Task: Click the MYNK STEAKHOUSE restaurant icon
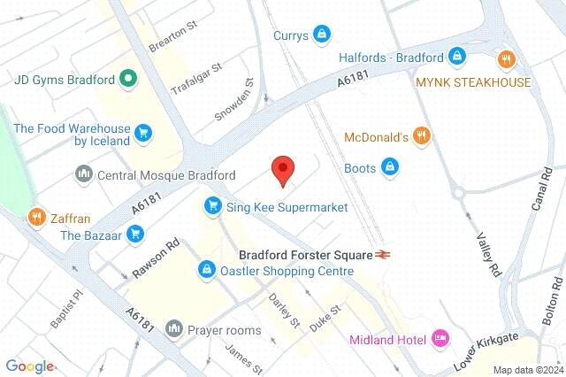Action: click(x=506, y=60)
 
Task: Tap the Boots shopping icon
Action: click(x=388, y=165)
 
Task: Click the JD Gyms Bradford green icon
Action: click(x=128, y=80)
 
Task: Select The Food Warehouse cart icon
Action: click(x=143, y=135)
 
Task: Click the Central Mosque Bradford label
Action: click(x=166, y=174)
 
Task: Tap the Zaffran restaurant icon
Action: click(x=36, y=216)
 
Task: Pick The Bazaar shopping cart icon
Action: click(x=135, y=234)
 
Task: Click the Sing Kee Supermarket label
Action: click(x=286, y=207)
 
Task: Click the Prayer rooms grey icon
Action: click(x=174, y=330)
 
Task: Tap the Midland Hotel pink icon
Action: click(x=440, y=339)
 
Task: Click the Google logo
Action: click(x=30, y=366)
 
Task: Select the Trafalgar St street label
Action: click(x=196, y=78)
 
